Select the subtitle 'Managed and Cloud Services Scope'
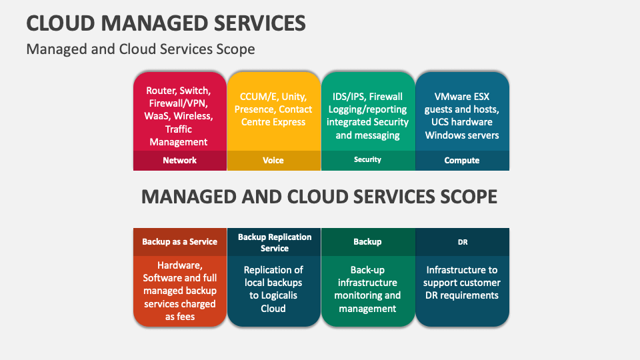pyautogui.click(x=141, y=49)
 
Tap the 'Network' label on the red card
pyautogui.click(x=179, y=160)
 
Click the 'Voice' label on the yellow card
pyautogui.click(x=273, y=160)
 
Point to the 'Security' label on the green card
pyautogui.click(x=367, y=159)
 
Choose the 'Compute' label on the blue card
pyautogui.click(x=461, y=160)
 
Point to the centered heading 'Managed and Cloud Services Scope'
pyautogui.click(x=319, y=197)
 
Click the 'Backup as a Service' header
pyautogui.click(x=179, y=241)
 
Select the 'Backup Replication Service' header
pyautogui.click(x=274, y=242)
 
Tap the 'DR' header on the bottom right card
pyautogui.click(x=462, y=242)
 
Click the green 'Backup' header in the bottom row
pyautogui.click(x=367, y=241)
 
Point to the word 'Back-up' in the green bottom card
pyautogui.click(x=367, y=270)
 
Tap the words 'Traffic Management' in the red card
pyautogui.click(x=179, y=135)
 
